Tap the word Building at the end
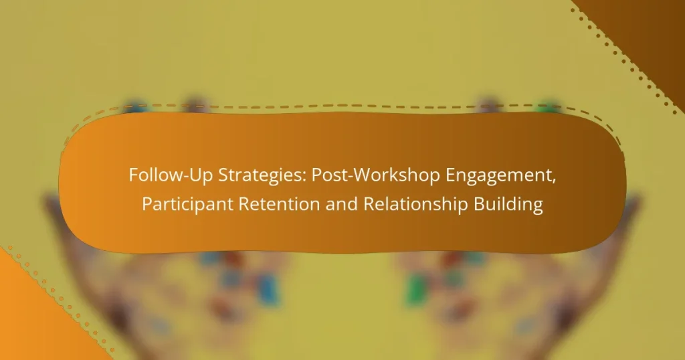point(510,205)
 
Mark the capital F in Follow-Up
point(132,177)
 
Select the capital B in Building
point(484,205)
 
